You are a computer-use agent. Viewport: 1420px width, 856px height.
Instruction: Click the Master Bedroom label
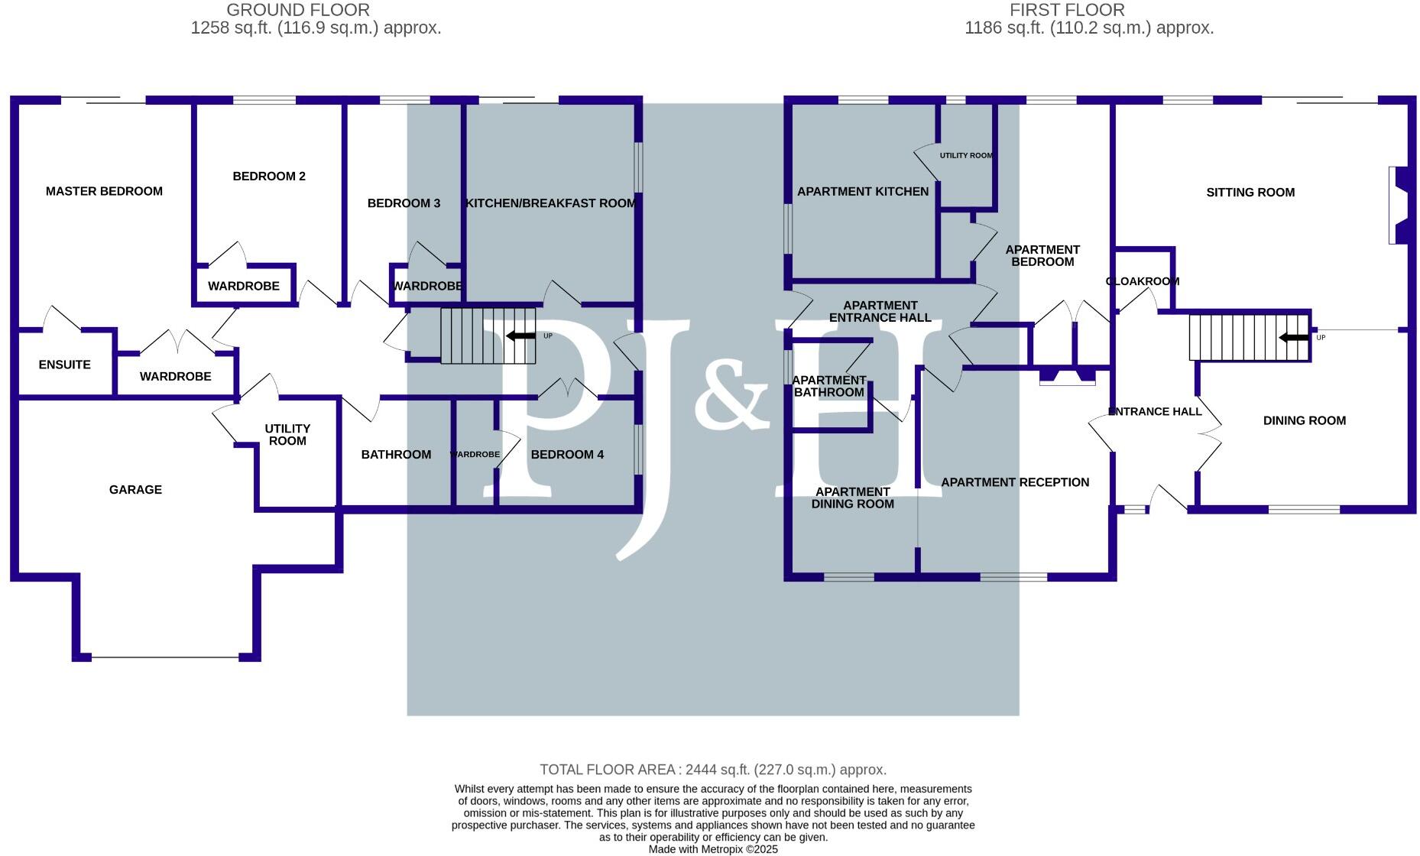tap(104, 191)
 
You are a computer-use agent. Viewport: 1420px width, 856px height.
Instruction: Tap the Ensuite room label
tap(64, 365)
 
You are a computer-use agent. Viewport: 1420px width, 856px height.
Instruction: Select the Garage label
tap(135, 489)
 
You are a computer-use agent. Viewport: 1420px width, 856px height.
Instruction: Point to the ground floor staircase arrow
tap(520, 336)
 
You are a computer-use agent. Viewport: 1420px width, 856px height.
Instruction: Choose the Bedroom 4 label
tap(567, 455)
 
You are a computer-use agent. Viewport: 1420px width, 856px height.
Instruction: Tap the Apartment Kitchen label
tap(863, 192)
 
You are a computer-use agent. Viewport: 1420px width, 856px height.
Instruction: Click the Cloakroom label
tap(1143, 281)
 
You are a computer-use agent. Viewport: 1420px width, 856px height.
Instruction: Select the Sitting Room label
tap(1250, 193)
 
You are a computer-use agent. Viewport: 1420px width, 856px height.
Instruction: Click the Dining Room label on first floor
tap(1304, 420)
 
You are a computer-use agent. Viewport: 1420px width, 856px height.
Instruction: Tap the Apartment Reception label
tap(1014, 482)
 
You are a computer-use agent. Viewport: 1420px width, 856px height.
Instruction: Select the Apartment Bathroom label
tap(828, 386)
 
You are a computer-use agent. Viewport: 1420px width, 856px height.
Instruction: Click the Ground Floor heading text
tap(298, 10)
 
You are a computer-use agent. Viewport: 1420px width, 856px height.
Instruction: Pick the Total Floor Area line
tap(712, 770)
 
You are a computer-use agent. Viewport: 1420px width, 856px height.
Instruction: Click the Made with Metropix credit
tap(712, 849)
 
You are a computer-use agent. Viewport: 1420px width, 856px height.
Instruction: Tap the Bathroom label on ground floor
tap(396, 455)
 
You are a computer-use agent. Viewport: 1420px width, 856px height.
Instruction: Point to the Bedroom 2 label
tap(269, 177)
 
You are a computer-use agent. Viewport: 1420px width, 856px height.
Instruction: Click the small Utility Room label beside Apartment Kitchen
tap(966, 155)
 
